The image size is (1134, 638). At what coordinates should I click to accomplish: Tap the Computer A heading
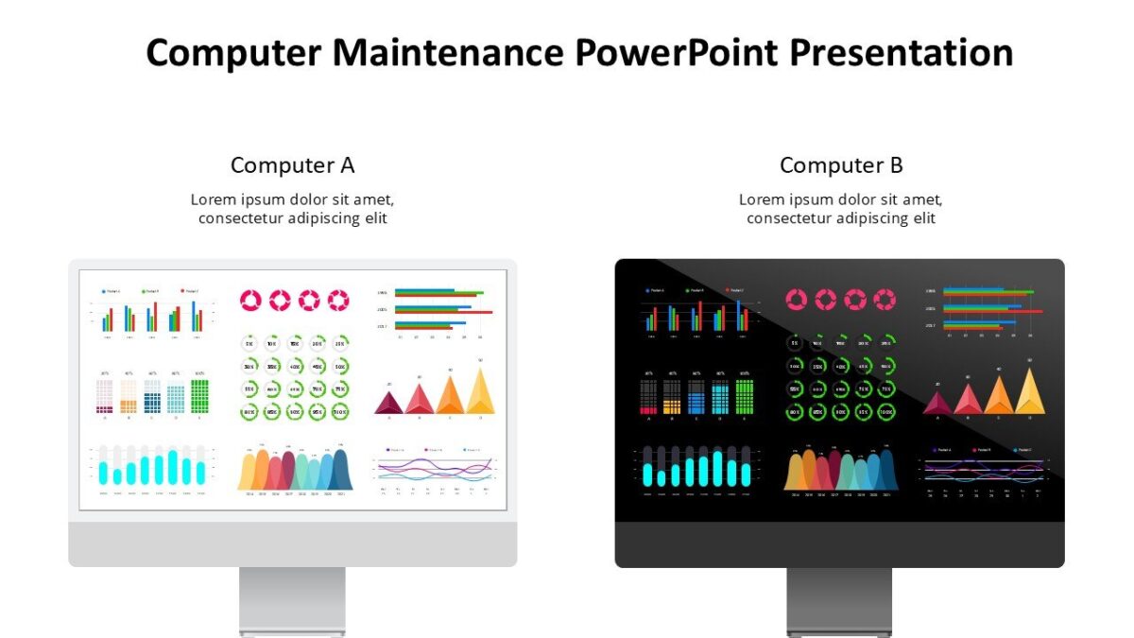[292, 165]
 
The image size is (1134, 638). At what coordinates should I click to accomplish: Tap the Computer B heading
[841, 165]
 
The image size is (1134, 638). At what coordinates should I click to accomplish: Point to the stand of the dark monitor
[839, 601]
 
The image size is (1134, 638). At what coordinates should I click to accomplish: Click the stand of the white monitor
[292, 601]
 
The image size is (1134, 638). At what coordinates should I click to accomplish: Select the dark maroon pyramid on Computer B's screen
[937, 404]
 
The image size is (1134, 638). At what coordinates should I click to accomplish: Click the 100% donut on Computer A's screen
[339, 411]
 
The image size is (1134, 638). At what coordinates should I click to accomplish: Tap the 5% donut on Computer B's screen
[795, 343]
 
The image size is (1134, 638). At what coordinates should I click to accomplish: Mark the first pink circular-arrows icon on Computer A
[250, 301]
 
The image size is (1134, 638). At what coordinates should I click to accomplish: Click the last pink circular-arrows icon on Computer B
[885, 300]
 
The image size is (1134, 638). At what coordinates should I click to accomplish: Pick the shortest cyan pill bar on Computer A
[117, 474]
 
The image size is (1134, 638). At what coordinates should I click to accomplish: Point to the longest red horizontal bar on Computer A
[443, 312]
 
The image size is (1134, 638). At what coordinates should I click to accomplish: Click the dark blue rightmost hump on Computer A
[337, 470]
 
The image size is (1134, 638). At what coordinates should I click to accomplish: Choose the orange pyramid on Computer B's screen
[999, 395]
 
